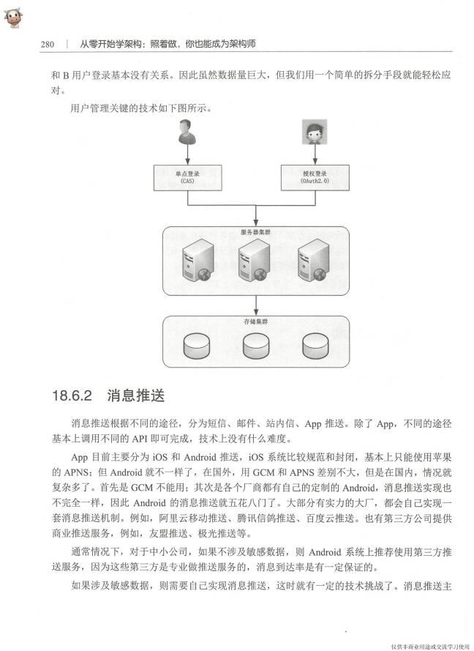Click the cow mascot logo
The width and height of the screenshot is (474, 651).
[13, 18]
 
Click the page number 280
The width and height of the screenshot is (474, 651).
[48, 44]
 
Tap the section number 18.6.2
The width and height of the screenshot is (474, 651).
[72, 395]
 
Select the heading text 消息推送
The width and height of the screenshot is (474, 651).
[136, 395]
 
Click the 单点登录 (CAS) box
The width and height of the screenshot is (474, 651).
[188, 178]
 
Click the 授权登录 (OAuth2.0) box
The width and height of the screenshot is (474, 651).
[315, 178]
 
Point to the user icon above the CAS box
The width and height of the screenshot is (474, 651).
[187, 132]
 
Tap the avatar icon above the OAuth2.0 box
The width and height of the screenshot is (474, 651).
[315, 132]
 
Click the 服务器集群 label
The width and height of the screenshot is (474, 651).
[255, 232]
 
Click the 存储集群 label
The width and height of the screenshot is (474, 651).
[256, 321]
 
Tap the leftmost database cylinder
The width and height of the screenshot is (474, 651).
[197, 346]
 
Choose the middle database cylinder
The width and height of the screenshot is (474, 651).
[256, 346]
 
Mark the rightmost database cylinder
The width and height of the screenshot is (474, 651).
[315, 346]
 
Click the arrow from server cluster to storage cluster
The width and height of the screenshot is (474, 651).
[256, 305]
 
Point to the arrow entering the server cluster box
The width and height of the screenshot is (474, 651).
[256, 216]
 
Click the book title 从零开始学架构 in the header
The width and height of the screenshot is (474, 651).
[110, 44]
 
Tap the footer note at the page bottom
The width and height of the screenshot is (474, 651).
[430, 647]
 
